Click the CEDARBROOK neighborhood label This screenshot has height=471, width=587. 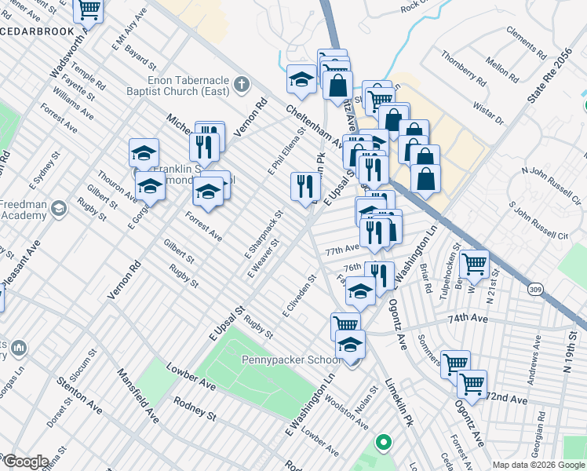click(x=36, y=32)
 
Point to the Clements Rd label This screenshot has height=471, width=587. click(x=525, y=43)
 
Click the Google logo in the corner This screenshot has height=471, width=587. click(x=26, y=462)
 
